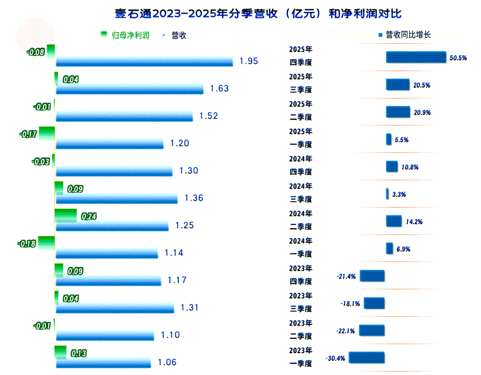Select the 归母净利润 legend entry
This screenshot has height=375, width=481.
pyautogui.click(x=130, y=35)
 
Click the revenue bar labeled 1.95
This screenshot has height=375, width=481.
pyautogui.click(x=144, y=61)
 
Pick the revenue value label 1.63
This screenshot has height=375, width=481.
pyautogui.click(x=219, y=89)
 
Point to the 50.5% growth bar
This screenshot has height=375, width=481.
pyautogui.click(x=416, y=57)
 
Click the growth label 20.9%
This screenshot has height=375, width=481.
pyautogui.click(x=422, y=113)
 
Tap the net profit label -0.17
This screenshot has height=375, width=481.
pyautogui.click(x=28, y=134)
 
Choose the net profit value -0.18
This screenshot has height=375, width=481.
pyautogui.click(x=27, y=244)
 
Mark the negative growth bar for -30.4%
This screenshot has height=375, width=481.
pyautogui.click(x=367, y=358)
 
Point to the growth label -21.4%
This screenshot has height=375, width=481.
pyautogui.click(x=346, y=277)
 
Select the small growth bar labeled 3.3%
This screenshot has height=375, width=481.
pyautogui.click(x=387, y=194)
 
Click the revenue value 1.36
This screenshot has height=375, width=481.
pyautogui.click(x=194, y=198)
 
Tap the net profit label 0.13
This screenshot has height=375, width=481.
pyautogui.click(x=78, y=354)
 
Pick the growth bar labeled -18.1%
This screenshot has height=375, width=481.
pyautogui.click(x=374, y=303)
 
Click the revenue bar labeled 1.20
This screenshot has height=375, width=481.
pyautogui.click(x=110, y=144)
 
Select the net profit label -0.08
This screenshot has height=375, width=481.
pyautogui.click(x=35, y=52)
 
